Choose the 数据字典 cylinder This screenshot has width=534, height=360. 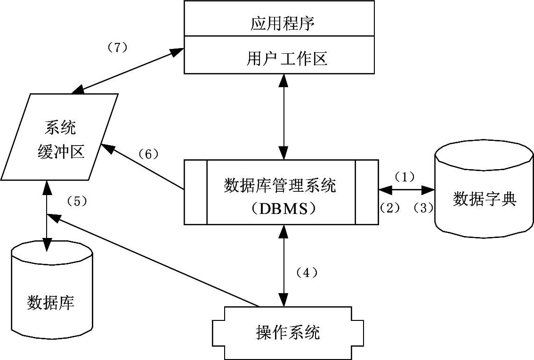(x=485, y=199)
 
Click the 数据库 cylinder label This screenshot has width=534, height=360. (x=51, y=302)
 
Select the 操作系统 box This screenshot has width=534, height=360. (x=288, y=332)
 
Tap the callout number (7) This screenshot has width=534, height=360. (x=115, y=48)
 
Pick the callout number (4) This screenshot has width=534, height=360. (x=306, y=272)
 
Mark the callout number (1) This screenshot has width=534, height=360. (x=404, y=177)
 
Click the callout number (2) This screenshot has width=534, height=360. (x=389, y=207)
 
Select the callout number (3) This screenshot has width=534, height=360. (x=423, y=207)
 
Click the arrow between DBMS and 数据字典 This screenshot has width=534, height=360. (x=407, y=190)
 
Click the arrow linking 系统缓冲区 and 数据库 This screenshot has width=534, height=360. (x=46, y=217)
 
